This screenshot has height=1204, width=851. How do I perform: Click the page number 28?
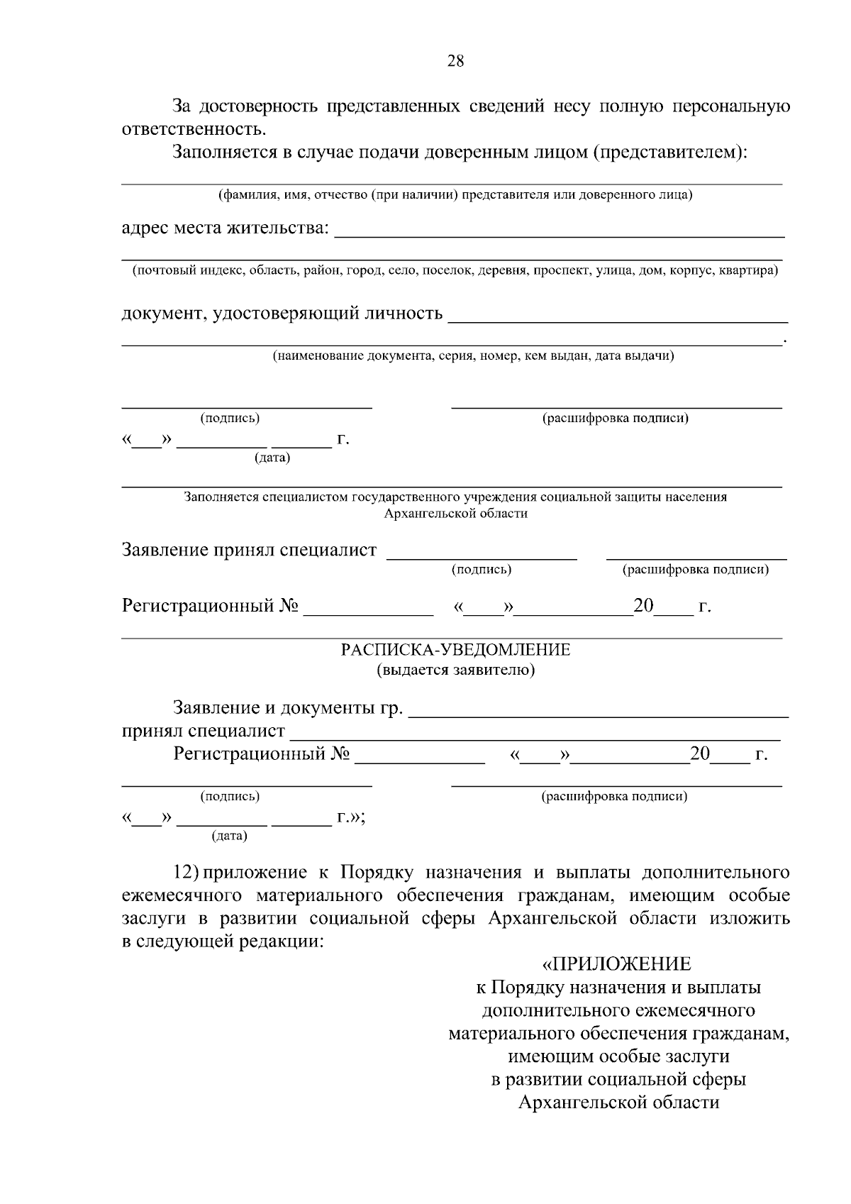(455, 61)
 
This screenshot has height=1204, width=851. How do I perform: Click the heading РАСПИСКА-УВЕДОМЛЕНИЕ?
(455, 650)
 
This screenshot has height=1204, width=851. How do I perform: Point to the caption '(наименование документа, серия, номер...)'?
(474, 355)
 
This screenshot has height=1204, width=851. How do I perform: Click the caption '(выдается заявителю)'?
(455, 670)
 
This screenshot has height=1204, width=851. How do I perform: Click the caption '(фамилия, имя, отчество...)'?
(455, 194)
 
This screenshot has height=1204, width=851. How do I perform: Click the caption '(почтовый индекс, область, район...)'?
(455, 270)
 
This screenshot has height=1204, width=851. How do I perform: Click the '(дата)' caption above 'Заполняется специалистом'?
(272, 458)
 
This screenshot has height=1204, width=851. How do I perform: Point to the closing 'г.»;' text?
(351, 817)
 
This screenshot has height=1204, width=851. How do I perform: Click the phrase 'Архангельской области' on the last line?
(618, 1103)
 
